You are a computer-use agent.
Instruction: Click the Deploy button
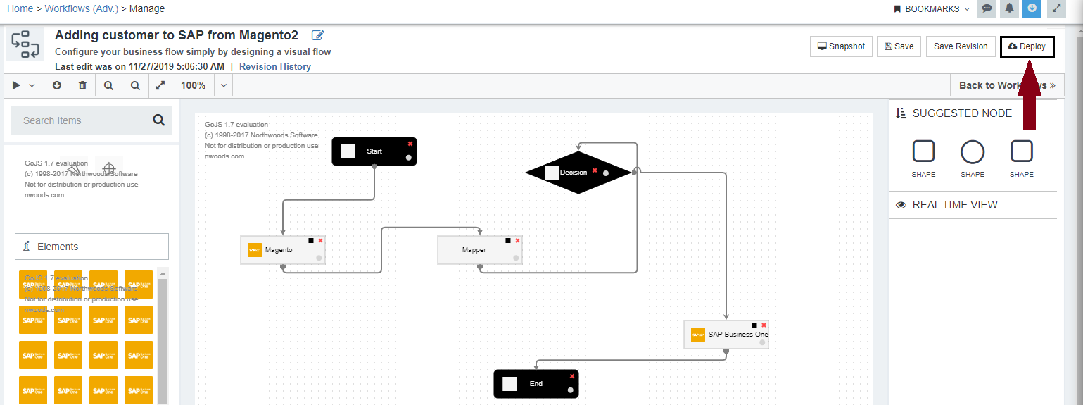pos(1027,46)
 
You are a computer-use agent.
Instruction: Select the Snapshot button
pos(841,46)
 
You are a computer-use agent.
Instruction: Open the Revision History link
pos(274,67)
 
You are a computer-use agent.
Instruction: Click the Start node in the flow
pos(374,151)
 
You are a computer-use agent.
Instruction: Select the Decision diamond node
pos(577,172)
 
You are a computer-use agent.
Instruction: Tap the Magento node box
pos(282,250)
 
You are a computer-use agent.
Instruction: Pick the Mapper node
pos(479,250)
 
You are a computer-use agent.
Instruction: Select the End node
pos(536,384)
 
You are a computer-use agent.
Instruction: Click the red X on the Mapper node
pos(517,241)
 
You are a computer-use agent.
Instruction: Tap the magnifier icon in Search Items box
pos(158,120)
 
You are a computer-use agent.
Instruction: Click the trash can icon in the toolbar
pos(83,85)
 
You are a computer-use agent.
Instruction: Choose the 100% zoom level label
pos(194,85)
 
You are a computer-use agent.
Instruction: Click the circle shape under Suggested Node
pos(973,151)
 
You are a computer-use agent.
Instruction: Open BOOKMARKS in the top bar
pos(932,8)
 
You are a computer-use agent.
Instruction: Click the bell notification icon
pos(1010,8)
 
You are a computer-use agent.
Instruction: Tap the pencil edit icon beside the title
pos(318,35)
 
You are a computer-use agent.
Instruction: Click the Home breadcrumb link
pos(20,8)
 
